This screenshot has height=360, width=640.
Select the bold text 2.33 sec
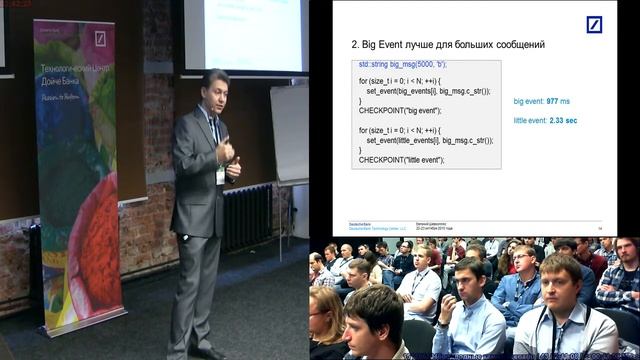click(563, 120)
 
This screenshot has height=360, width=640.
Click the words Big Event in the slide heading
click(385, 45)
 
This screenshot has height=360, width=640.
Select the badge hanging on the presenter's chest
click(220, 175)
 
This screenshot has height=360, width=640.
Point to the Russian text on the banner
click(75, 75)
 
